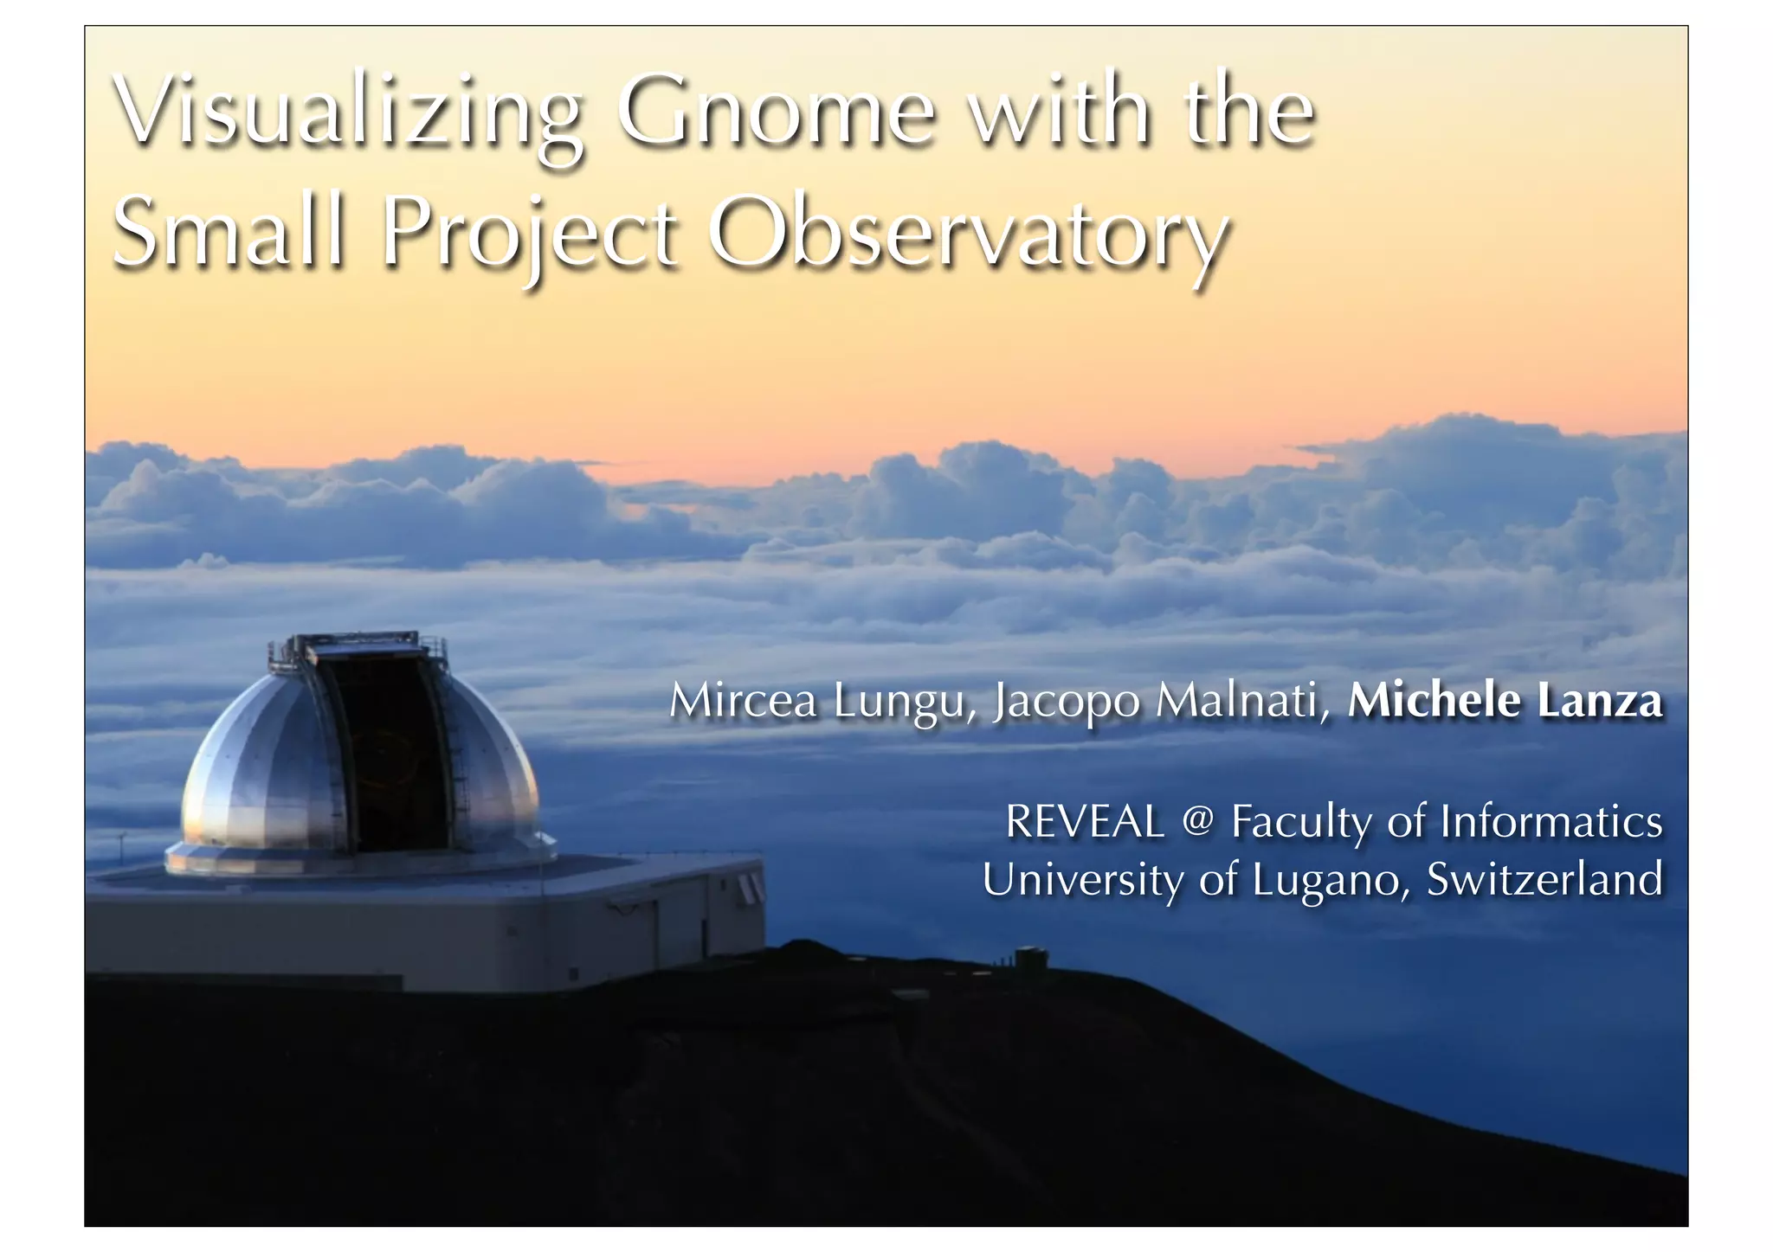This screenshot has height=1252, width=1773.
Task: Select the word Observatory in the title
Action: click(968, 234)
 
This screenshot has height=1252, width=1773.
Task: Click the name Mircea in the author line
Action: click(743, 701)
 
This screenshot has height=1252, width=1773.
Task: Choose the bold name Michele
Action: click(1434, 701)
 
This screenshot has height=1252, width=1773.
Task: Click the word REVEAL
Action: click(1085, 822)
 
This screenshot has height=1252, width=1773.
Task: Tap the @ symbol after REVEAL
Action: click(1197, 820)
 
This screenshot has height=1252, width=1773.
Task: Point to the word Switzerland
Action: click(1544, 879)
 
